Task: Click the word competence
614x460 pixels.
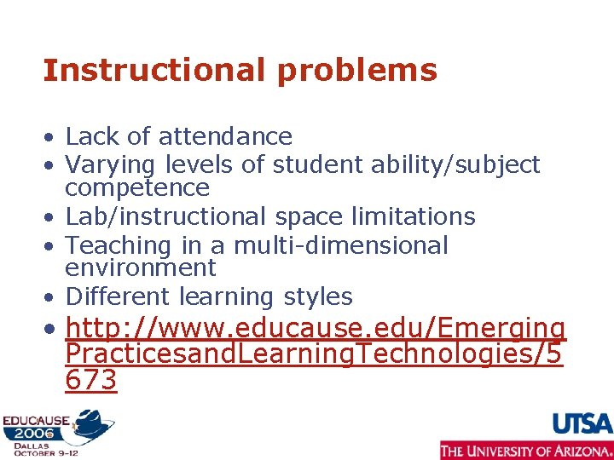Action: (137, 187)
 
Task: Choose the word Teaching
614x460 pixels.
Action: (119, 245)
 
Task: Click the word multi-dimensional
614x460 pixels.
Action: (340, 245)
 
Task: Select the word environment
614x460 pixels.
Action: (141, 267)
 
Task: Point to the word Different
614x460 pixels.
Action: (119, 296)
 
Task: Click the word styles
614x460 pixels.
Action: (320, 296)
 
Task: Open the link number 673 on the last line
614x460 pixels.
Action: (90, 380)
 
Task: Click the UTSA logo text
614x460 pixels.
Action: (582, 423)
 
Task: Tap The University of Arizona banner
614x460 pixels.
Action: (525, 450)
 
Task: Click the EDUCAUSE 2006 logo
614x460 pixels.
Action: (56, 431)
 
